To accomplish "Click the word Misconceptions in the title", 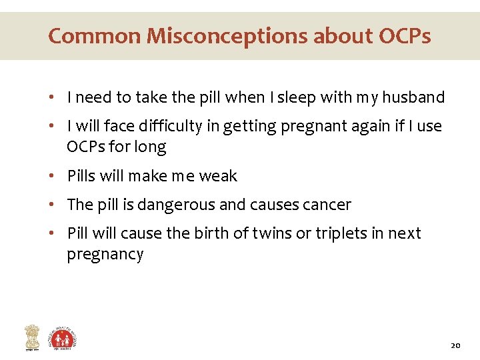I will [x=226, y=35].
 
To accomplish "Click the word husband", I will [x=413, y=97].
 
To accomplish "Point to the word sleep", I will [x=298, y=97].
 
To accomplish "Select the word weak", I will [x=218, y=176].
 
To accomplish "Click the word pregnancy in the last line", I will [x=105, y=255].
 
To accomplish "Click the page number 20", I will [x=455, y=345].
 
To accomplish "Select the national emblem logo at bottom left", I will [x=32, y=337].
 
